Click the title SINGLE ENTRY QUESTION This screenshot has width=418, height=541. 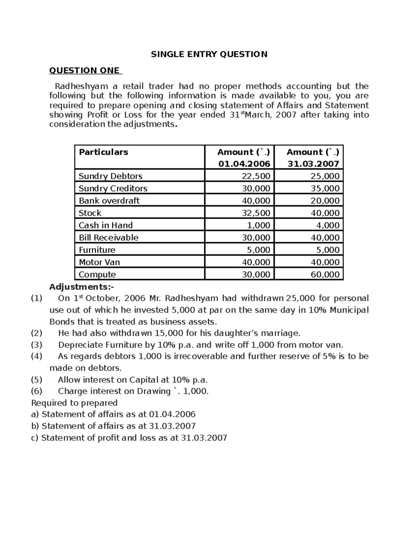pyautogui.click(x=209, y=54)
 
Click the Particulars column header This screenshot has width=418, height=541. pyautogui.click(x=103, y=152)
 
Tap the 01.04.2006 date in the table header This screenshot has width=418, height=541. pyautogui.click(x=244, y=164)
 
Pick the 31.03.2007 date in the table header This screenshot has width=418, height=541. pyautogui.click(x=313, y=164)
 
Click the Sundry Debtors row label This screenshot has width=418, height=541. pyautogui.click(x=110, y=176)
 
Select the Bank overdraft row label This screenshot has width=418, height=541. pyautogui.click(x=109, y=201)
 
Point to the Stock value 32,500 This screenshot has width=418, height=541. pyautogui.click(x=256, y=213)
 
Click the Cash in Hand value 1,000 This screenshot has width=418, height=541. pyautogui.click(x=258, y=225)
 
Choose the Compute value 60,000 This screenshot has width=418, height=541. pyautogui.click(x=325, y=275)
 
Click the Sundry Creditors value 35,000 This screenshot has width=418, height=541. pyautogui.click(x=325, y=188)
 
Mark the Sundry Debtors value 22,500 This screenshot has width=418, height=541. pyautogui.click(x=256, y=176)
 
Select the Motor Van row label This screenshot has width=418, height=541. pyautogui.click(x=99, y=262)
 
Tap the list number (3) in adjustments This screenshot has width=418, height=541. pyautogui.click(x=37, y=345)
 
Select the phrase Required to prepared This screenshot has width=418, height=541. pyautogui.click(x=74, y=403)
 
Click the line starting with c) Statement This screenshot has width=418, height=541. pyautogui.click(x=129, y=438)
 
